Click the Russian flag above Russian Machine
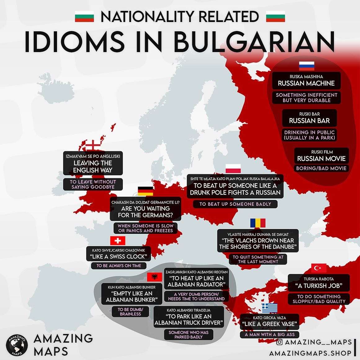coord(306,66)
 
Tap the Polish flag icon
coord(233,168)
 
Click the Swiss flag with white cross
coord(118,241)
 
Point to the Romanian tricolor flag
coord(258,223)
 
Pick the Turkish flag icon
coord(319,268)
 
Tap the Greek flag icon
coord(269,308)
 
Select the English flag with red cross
coord(93,145)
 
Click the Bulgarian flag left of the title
coord(84,16)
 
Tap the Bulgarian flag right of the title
coord(275,16)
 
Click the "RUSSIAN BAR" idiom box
coord(309,118)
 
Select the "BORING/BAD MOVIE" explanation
coord(321,168)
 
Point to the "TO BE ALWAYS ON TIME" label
coord(118,266)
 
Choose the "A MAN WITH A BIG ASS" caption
coord(269,335)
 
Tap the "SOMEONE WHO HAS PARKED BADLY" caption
coord(189,334)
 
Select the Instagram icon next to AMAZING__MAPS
coord(279,342)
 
